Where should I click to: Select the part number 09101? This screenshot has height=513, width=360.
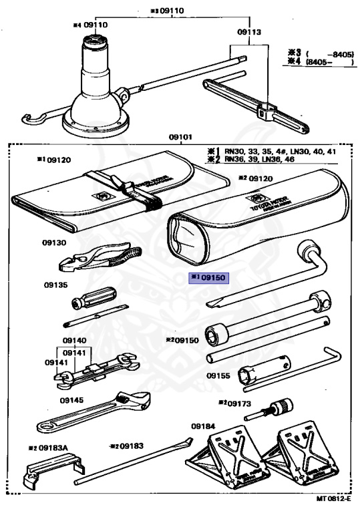tap(180, 137)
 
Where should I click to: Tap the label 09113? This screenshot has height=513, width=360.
tap(248, 31)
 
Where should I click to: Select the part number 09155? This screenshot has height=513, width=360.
tap(218, 375)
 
